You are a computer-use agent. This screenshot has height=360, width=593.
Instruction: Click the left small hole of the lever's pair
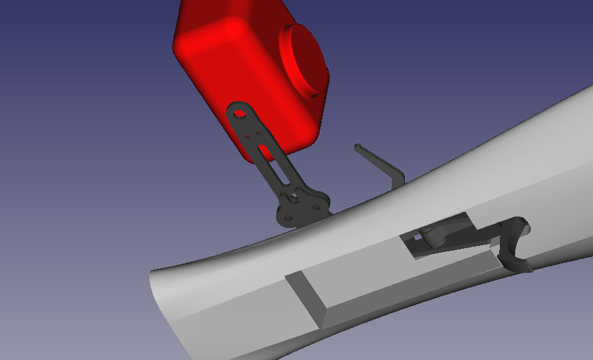tap(249, 137)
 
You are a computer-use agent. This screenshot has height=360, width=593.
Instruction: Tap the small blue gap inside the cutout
tap(417, 236)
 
